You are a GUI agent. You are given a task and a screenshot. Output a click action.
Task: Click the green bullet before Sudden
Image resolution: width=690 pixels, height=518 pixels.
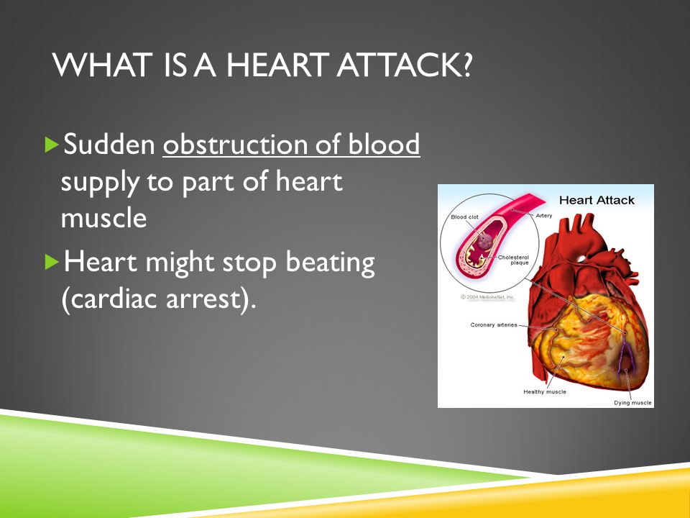pyautogui.click(x=52, y=145)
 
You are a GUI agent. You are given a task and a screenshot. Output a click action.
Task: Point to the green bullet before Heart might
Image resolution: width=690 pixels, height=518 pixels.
pyautogui.click(x=52, y=262)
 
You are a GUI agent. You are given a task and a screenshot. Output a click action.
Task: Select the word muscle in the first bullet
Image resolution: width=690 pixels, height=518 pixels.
pyautogui.click(x=103, y=217)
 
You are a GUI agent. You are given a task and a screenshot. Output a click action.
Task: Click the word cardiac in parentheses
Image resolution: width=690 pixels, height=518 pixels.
pyautogui.click(x=114, y=299)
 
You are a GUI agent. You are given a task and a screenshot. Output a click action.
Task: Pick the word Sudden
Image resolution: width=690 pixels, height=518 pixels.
pyautogui.click(x=109, y=144)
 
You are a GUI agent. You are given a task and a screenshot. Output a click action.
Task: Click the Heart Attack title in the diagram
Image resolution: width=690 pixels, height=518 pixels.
pyautogui.click(x=597, y=201)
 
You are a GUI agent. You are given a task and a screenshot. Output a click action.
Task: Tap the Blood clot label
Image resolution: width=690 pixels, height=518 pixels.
pyautogui.click(x=465, y=217)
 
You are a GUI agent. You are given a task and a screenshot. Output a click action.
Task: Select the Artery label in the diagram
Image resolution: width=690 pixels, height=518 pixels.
pyautogui.click(x=544, y=215)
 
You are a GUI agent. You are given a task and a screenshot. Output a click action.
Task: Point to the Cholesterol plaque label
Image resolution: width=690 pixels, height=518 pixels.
pyautogui.click(x=513, y=260)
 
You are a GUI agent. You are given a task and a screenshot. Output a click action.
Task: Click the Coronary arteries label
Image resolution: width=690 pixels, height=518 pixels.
pyautogui.click(x=494, y=325)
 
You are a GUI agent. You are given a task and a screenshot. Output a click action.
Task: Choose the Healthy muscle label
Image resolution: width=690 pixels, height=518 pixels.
pyautogui.click(x=545, y=391)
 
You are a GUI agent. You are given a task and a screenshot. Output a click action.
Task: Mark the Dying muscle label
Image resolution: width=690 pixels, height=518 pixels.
pyautogui.click(x=632, y=403)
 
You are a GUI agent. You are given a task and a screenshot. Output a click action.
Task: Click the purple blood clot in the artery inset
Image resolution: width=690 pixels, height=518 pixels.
pyautogui.click(x=485, y=241)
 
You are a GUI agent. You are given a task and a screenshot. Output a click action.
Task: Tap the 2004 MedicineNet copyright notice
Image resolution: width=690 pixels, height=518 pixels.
pyautogui.click(x=487, y=297)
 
